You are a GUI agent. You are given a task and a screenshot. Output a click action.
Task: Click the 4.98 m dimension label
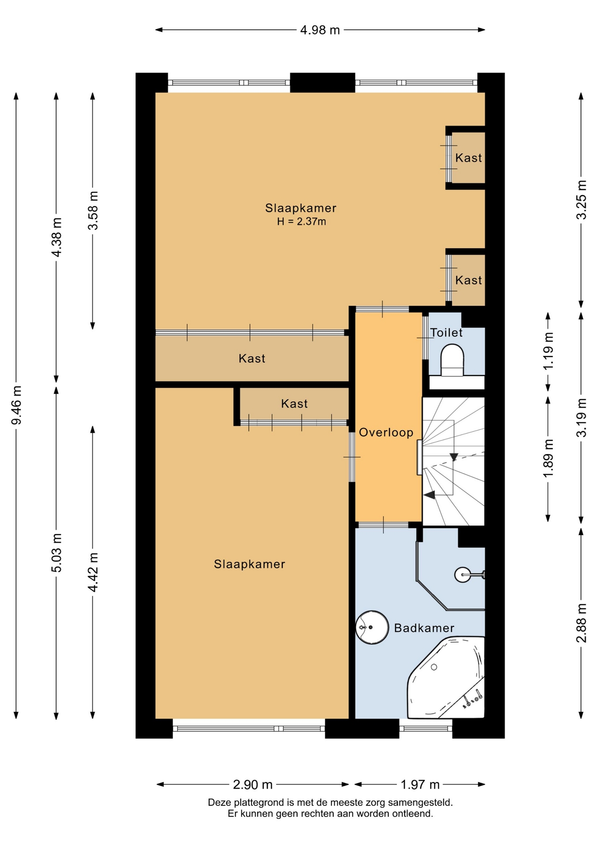320,30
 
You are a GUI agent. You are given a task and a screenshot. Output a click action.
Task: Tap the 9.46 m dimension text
16,405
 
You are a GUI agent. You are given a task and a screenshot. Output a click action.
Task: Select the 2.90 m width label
253,784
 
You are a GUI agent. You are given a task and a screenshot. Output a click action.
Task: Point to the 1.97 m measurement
420,784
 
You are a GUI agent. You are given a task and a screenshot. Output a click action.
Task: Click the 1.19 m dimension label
548,351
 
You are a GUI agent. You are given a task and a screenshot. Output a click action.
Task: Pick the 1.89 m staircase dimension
548,458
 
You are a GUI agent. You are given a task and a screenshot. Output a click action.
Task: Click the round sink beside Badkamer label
372,627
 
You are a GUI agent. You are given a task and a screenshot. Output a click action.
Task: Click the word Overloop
386,433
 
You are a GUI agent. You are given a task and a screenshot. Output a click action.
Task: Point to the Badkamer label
424,628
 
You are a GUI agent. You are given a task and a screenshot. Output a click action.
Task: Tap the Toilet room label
446,333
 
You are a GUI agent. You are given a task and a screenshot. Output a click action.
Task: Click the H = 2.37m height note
302,222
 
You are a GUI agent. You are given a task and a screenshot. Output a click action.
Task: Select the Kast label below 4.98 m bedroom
252,359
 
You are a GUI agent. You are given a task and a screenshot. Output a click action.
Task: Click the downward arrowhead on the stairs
454,457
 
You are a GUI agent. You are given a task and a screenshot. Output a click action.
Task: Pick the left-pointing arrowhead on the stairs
429,495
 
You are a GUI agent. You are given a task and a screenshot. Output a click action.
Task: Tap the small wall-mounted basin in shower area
462,575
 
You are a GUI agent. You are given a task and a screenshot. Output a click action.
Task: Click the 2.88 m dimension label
581,623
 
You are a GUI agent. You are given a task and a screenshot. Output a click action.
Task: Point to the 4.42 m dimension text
93,572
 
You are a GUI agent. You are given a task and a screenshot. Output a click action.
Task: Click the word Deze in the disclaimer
219,803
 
